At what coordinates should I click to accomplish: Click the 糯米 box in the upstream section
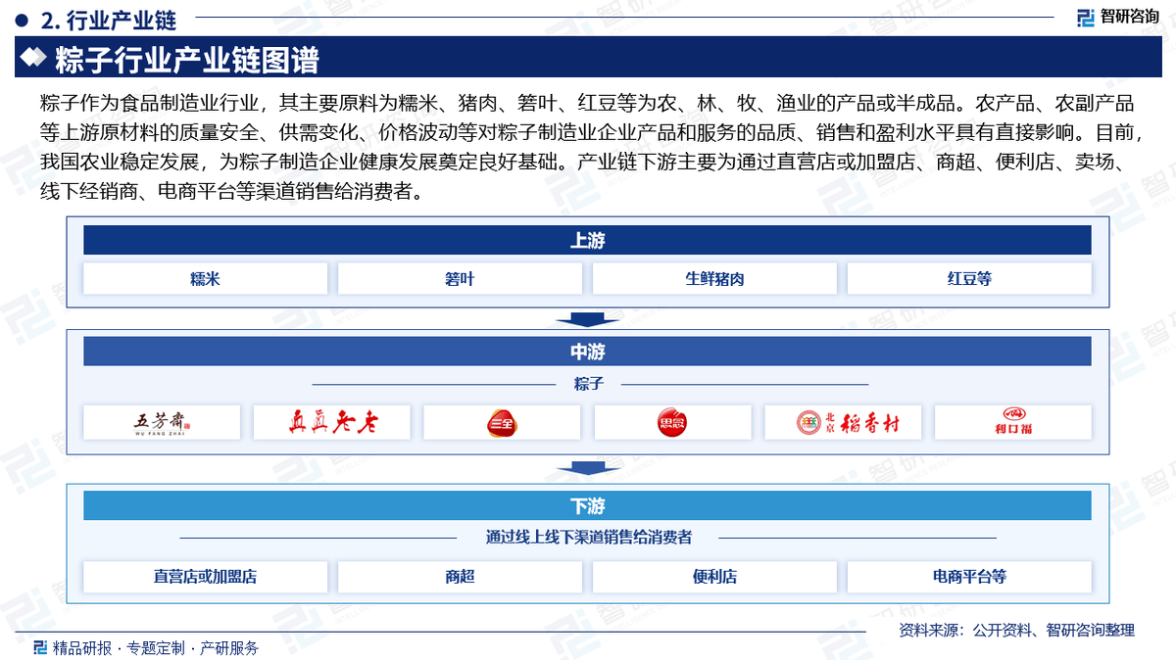[x=205, y=278]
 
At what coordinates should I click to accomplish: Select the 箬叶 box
[x=460, y=278]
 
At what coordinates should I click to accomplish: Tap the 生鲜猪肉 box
[x=714, y=278]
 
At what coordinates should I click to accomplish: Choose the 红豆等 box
[x=969, y=278]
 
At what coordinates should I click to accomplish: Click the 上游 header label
[x=587, y=240]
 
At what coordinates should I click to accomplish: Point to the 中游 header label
[x=587, y=352]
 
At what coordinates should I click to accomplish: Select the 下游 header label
[x=587, y=506]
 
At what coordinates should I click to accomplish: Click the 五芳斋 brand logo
[x=162, y=423]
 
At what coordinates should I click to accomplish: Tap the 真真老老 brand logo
[x=333, y=422]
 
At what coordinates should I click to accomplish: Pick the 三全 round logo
[x=502, y=423]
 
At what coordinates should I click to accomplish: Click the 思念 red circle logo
[x=672, y=422]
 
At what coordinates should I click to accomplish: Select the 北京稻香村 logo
[x=848, y=422]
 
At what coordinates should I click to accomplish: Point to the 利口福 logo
[x=1013, y=421]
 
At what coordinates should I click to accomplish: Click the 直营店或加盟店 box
[x=205, y=577]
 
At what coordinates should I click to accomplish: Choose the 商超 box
[x=460, y=577]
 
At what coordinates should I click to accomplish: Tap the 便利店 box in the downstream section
[x=714, y=577]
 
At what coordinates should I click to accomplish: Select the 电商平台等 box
[x=969, y=577]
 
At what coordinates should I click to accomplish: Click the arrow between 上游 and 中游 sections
[x=587, y=319]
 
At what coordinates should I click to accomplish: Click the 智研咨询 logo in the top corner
[x=1118, y=17]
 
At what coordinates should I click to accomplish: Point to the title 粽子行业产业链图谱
[x=187, y=60]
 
